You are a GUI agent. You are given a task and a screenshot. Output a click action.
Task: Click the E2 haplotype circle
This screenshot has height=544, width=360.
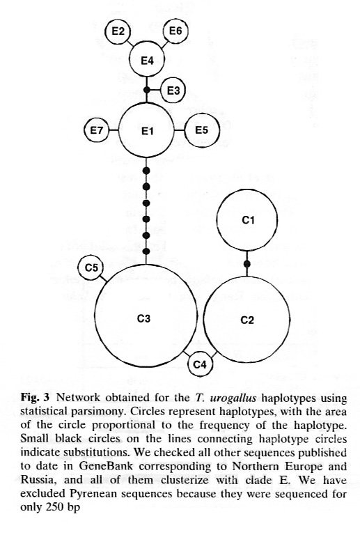pos(118,31)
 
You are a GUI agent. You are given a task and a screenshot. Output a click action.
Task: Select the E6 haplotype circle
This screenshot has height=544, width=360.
pos(175,31)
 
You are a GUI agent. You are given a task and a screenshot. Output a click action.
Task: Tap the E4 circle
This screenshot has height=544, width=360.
pos(147,60)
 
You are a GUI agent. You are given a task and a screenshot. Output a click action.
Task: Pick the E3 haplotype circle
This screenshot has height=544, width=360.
pos(173,91)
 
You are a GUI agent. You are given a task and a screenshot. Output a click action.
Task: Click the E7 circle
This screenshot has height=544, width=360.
pos(97,130)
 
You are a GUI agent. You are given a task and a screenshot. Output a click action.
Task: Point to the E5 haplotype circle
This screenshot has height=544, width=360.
pos(202,130)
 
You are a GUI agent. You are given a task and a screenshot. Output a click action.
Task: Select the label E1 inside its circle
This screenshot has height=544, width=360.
pos(147,131)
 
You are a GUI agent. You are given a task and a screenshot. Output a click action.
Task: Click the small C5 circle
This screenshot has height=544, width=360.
pos(91,267)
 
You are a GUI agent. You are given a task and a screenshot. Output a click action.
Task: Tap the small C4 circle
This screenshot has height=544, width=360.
pos(200,364)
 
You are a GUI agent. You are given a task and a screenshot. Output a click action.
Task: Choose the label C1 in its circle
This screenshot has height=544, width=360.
pos(248,220)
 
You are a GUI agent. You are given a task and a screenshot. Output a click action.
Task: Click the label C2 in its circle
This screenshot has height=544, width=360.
pos(247,320)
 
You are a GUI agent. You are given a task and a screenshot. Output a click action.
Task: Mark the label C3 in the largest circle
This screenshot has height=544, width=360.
pos(143,318)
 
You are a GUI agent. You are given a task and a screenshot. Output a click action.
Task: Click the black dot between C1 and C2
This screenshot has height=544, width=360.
pos(247,264)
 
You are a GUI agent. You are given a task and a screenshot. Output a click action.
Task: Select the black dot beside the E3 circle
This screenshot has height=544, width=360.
pos(147,91)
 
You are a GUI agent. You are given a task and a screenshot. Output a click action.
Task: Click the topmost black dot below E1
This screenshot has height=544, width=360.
pos(146,171)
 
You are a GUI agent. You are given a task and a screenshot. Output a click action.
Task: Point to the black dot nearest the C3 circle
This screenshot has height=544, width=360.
pos(146,251)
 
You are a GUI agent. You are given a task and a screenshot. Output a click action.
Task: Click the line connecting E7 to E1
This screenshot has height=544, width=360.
pos(114,130)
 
